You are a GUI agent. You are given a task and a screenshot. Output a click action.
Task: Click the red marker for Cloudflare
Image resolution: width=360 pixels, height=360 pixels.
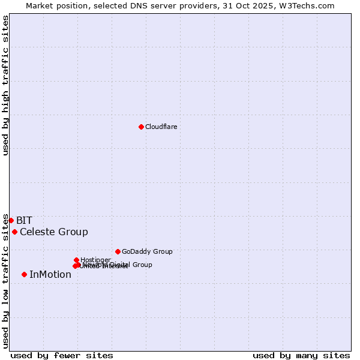[x=141, y=127]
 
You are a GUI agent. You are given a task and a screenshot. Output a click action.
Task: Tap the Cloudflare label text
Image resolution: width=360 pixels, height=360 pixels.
[x=161, y=127]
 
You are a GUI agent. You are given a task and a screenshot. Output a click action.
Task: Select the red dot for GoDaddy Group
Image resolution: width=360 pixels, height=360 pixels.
[x=118, y=251]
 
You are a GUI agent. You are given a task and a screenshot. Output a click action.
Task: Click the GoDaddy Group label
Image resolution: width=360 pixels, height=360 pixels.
[x=147, y=251]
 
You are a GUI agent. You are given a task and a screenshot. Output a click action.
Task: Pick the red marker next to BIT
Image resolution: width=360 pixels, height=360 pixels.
[x=11, y=220]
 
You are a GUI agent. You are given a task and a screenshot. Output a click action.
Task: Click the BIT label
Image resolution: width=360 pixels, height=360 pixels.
[x=24, y=220]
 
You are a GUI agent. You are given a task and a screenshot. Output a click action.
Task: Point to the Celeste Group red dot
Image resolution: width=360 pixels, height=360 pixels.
[x=14, y=232]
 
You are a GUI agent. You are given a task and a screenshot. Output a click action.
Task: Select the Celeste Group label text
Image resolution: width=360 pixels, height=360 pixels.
[x=54, y=232]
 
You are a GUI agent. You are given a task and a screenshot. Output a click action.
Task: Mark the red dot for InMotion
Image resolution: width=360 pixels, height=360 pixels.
[x=24, y=274]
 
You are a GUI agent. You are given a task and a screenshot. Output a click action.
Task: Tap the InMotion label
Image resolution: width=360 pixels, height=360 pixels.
[x=50, y=274]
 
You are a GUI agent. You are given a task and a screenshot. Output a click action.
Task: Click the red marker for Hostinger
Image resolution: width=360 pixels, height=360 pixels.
[x=76, y=260]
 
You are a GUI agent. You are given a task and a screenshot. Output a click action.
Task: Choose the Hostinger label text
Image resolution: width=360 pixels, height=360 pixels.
[x=95, y=260]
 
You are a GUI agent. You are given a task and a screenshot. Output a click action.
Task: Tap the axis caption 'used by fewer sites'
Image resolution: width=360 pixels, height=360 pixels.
[x=62, y=355]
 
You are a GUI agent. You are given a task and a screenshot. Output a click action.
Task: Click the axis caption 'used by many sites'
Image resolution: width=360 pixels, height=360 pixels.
[x=301, y=355]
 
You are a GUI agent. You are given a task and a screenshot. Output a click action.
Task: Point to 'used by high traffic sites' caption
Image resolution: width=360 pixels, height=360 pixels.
[x=5, y=86]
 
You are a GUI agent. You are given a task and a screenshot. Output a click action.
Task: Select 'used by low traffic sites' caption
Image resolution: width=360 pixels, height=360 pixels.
[x=5, y=281]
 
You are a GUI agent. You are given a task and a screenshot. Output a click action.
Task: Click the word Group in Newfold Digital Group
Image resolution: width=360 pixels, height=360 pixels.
[x=142, y=265]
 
